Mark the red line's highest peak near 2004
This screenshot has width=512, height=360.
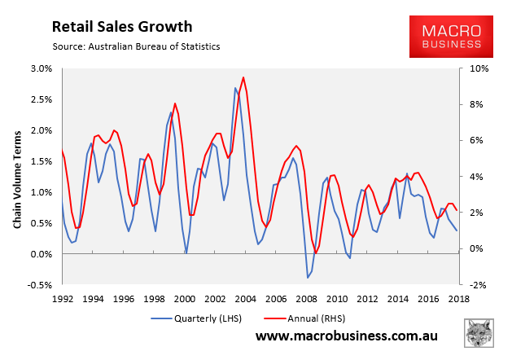[243, 77]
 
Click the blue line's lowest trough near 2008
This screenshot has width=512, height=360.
[308, 278]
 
